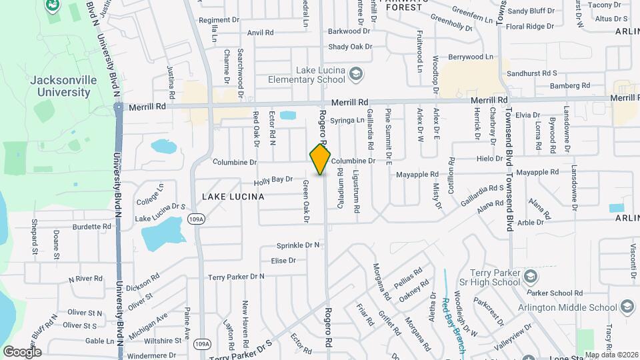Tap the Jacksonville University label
(59, 86)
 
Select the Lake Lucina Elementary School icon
(356, 73)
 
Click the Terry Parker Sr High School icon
(531, 276)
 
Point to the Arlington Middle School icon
(627, 307)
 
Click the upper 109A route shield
(196, 219)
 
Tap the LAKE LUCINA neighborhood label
(233, 197)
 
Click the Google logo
(22, 351)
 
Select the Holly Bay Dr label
(273, 180)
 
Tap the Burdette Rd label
(92, 227)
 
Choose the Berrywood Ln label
(471, 57)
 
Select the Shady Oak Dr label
(349, 47)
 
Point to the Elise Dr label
(283, 260)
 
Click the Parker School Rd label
(555, 292)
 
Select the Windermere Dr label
(154, 355)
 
